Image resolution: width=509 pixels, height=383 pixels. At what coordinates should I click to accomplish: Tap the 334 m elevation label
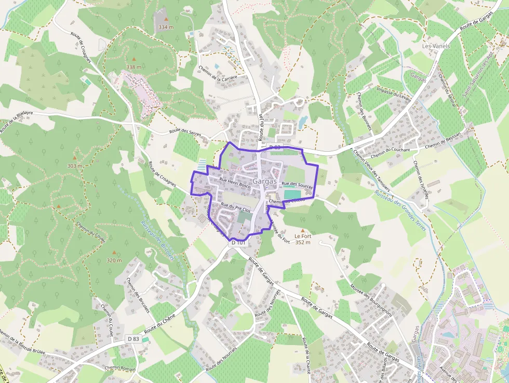coord(166,27)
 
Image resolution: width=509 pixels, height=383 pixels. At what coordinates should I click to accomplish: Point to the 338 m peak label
coord(133,67)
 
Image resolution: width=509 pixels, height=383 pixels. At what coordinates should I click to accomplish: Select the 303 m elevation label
coord(74,166)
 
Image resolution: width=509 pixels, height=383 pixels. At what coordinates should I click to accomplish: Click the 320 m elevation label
coord(114,260)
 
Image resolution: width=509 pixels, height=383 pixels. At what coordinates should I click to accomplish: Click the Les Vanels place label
coord(436,46)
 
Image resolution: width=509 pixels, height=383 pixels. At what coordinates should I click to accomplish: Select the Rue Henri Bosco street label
coord(235,182)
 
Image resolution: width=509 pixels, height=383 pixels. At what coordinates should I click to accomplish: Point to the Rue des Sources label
coord(297,184)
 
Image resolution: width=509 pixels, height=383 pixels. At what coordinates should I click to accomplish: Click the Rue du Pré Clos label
coord(235,207)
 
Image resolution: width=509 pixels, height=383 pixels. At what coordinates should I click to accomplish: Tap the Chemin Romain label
coord(120,367)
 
